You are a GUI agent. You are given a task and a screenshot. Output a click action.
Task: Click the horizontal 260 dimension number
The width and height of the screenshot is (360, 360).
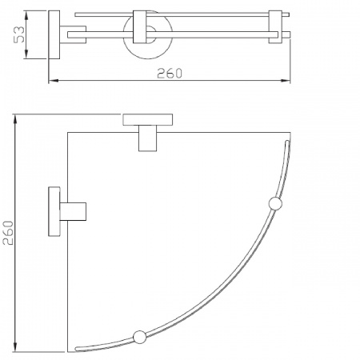(169, 73)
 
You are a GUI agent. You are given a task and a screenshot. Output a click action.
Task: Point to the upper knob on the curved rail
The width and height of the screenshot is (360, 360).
(275, 203)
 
